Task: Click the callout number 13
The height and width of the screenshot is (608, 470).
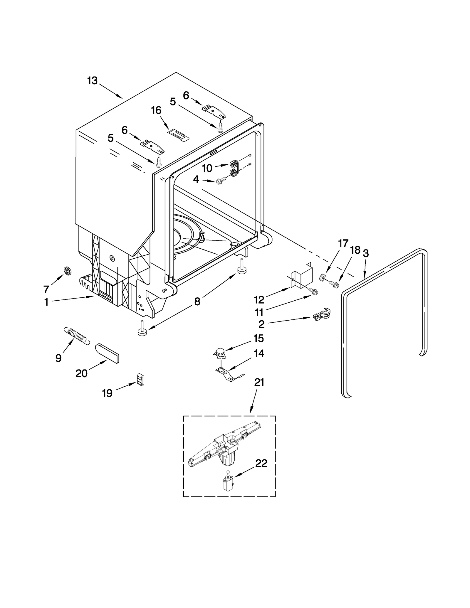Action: (x=92, y=80)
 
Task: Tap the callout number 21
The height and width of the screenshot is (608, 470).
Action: (x=259, y=382)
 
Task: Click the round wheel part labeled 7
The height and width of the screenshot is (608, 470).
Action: (x=68, y=271)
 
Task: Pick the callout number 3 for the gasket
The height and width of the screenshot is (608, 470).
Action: (x=366, y=253)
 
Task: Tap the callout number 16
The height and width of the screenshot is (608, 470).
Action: (x=156, y=110)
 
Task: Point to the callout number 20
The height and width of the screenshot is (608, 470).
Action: (x=81, y=373)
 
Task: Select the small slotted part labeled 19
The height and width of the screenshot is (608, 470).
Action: (x=141, y=380)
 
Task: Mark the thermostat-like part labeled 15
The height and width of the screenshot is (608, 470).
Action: (x=220, y=352)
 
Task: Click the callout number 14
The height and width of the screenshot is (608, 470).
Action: (x=259, y=353)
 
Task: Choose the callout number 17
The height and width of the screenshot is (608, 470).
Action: (x=343, y=243)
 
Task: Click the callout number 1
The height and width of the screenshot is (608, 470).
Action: (x=46, y=302)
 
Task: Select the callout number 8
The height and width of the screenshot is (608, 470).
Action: (x=197, y=301)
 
